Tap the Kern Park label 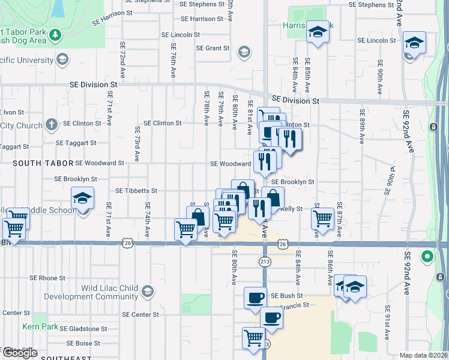tap(39, 326)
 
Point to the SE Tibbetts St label tap(136, 191)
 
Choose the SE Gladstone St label tap(83, 329)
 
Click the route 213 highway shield tap(264, 262)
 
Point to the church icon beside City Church tap(52, 125)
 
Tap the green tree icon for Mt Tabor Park tap(55, 35)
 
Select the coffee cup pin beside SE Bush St tap(256, 297)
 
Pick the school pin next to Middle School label tap(82, 199)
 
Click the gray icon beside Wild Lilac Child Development tap(148, 292)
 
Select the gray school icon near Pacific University tap(62, 59)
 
